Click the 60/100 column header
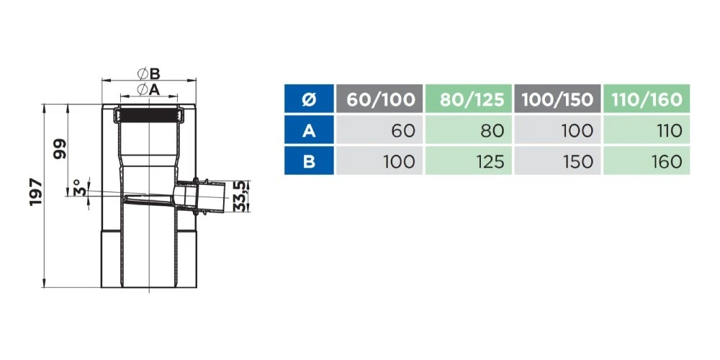click(379, 99)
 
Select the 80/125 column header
click(469, 99)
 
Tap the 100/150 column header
click(557, 99)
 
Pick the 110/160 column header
click(647, 99)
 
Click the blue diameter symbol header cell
click(309, 99)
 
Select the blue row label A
click(309, 130)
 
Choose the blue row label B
click(309, 161)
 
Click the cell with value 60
click(379, 130)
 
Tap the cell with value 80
click(469, 130)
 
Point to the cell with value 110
click(647, 130)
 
